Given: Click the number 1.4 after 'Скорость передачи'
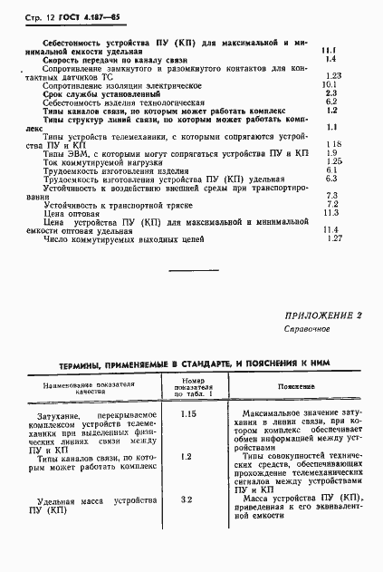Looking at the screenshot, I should (x=330, y=57).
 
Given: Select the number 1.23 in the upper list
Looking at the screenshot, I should (x=332, y=75).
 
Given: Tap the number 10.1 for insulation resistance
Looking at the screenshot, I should (x=330, y=84).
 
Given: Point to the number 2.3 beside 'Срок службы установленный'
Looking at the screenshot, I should (x=330, y=93).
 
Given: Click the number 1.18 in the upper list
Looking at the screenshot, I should (x=331, y=144).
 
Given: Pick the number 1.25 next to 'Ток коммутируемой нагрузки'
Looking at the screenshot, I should (x=332, y=161).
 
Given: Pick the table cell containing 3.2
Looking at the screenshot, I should (x=187, y=499).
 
